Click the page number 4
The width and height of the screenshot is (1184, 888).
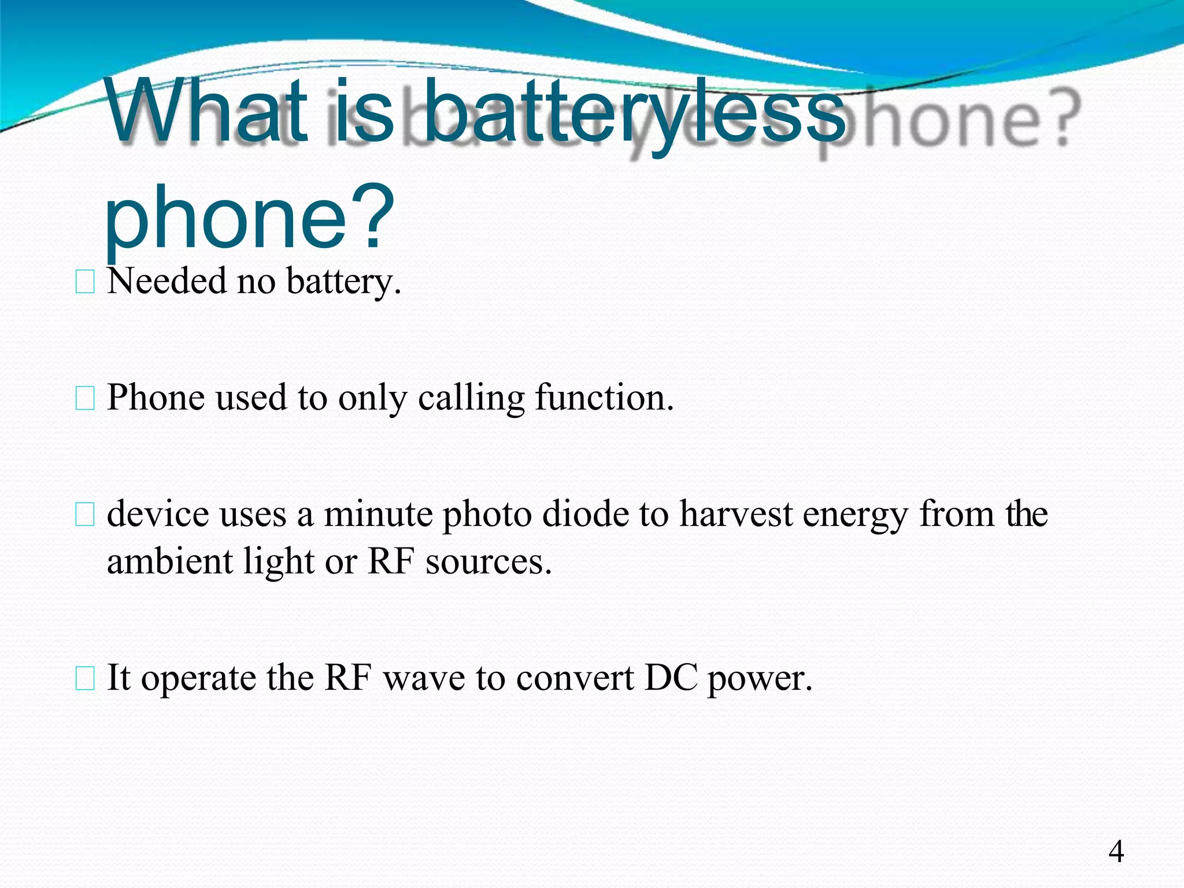tap(1116, 852)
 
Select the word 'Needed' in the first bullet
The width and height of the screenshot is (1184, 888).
tap(166, 282)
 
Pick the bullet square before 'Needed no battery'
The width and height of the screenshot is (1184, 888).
tap(85, 282)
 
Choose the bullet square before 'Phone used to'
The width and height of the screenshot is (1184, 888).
tap(85, 399)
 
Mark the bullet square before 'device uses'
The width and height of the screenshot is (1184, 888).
tap(85, 515)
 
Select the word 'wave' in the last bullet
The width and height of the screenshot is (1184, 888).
tap(424, 678)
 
